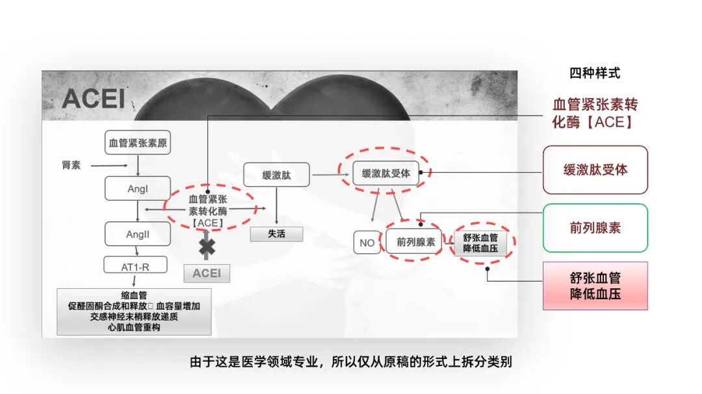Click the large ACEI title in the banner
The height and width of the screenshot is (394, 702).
(x=94, y=99)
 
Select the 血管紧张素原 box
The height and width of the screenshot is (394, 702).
(x=138, y=143)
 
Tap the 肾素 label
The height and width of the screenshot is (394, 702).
(x=71, y=166)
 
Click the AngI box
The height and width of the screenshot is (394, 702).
(x=138, y=188)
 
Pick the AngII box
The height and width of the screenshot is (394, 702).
(x=138, y=234)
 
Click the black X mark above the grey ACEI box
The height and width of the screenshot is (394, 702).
(x=207, y=248)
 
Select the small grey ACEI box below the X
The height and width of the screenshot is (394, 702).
(x=207, y=273)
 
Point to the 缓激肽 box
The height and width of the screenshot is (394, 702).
(x=276, y=175)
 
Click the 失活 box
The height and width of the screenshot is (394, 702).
(x=276, y=234)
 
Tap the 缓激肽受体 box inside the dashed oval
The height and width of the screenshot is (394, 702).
(x=386, y=173)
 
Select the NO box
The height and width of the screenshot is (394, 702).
(x=367, y=243)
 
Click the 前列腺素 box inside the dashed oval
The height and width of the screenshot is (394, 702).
(x=416, y=242)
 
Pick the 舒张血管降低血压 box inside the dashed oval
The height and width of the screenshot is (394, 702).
(x=480, y=242)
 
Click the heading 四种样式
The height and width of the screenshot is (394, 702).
(x=595, y=73)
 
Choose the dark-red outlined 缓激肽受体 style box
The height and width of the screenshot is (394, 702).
(x=595, y=170)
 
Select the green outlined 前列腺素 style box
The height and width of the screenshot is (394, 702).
(x=595, y=228)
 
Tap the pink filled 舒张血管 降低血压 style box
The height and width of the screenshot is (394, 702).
(x=595, y=286)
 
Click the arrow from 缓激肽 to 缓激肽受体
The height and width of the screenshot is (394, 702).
(x=326, y=175)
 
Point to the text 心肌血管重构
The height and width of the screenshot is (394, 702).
(x=134, y=328)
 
